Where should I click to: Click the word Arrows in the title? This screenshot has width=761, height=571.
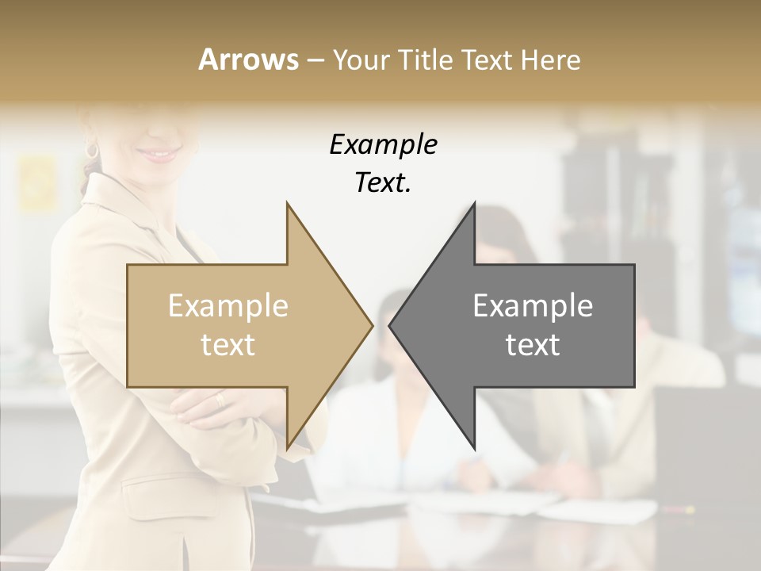248,59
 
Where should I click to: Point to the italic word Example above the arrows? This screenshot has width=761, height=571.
383,145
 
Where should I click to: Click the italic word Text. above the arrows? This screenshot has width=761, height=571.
383,183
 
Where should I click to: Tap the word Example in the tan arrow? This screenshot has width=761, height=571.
228,306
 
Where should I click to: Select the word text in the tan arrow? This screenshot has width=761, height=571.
228,345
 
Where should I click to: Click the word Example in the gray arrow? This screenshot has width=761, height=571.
533,306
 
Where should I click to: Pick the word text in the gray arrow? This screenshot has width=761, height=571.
533,345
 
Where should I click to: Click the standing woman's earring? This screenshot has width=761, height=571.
92,150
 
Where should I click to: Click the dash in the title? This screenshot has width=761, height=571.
315,60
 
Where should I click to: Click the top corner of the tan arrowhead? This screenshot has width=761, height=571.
287,203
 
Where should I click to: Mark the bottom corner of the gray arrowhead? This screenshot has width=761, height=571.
475,448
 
